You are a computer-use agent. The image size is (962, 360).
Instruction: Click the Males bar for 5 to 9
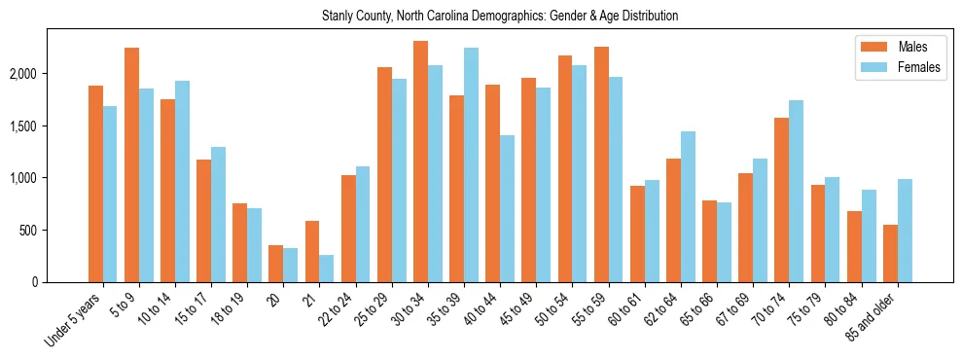[x=131, y=164]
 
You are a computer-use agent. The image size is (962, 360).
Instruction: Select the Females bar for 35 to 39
[x=471, y=164]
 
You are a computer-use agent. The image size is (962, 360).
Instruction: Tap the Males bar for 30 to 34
[x=420, y=162]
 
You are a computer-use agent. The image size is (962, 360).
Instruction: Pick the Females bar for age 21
[x=327, y=269]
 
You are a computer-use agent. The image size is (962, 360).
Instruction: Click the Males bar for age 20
[x=275, y=264]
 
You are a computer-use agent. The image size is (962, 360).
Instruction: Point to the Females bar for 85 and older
[x=905, y=231]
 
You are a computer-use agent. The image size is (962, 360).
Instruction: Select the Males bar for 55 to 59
[x=601, y=164]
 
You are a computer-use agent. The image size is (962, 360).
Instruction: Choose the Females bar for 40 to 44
[x=507, y=208]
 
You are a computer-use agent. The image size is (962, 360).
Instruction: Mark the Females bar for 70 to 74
[x=796, y=191]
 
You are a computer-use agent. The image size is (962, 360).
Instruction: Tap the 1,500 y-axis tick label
[x=49, y=126]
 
